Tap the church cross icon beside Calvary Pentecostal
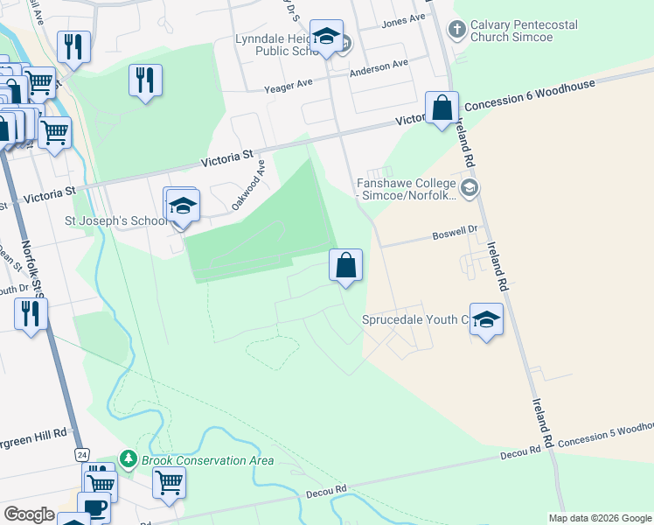(x=456, y=30)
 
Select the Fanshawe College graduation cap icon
(x=470, y=188)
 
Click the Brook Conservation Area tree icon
(x=128, y=458)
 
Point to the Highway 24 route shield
(x=81, y=455)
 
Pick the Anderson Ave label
(x=379, y=66)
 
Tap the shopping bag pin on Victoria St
(x=442, y=108)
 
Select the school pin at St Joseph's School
(x=183, y=207)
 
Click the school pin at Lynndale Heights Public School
(x=327, y=37)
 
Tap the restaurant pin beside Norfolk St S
(x=31, y=314)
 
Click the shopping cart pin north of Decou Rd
(x=169, y=482)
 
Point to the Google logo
(x=29, y=514)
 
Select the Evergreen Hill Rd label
(x=33, y=433)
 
